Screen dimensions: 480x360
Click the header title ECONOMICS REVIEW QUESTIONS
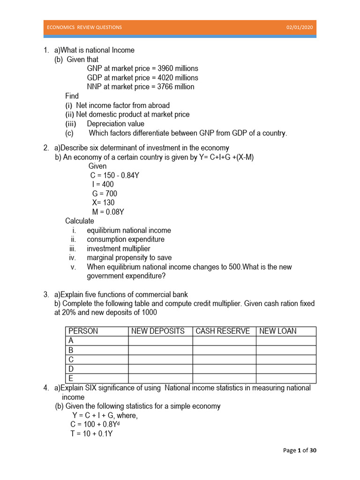coord(84,27)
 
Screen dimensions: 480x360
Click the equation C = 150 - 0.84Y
coord(115,175)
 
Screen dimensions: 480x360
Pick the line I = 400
coord(103,185)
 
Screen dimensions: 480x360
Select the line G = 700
coord(105,194)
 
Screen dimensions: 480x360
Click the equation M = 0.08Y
coord(108,212)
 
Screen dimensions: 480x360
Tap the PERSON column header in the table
coord(83,331)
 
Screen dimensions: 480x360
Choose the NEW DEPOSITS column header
coord(158,331)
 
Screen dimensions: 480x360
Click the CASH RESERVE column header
coord(223,331)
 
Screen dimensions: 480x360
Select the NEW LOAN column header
coord(278,331)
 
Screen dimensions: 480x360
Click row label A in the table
coord(71,341)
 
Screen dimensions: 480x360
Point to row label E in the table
coord(71,378)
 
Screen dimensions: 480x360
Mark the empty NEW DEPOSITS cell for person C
coord(160,360)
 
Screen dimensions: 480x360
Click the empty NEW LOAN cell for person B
coord(286,350)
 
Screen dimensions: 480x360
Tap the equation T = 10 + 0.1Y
coord(91,434)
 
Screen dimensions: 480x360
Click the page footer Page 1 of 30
coord(300,450)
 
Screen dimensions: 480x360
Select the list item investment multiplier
coord(119,248)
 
